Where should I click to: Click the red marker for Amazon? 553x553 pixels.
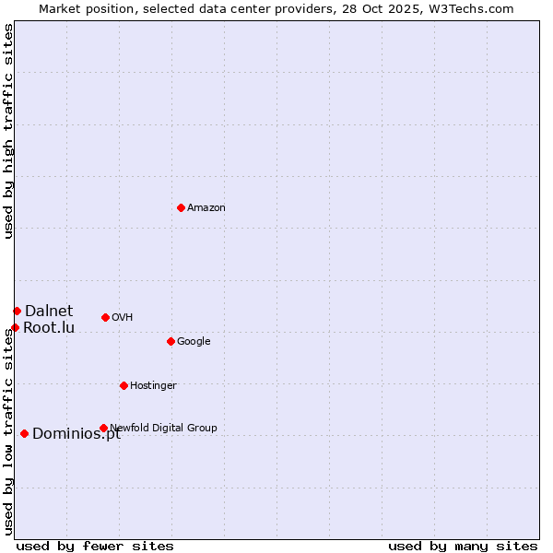(x=181, y=207)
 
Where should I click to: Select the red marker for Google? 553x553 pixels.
(x=171, y=341)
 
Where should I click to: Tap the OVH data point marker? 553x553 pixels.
(x=105, y=317)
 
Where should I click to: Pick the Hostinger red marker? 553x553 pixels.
(x=124, y=385)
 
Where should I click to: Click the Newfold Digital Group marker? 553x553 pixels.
(x=103, y=428)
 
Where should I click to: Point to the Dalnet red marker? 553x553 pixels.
(x=17, y=311)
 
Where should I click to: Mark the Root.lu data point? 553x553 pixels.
(x=15, y=327)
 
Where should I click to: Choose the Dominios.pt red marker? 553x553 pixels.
(x=24, y=433)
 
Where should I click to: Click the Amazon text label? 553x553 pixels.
(x=206, y=207)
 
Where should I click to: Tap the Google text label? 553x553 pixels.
(x=194, y=341)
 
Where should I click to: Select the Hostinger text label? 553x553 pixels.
(x=153, y=385)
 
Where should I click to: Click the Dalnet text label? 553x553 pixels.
(x=49, y=311)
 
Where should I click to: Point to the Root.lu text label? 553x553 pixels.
(x=49, y=327)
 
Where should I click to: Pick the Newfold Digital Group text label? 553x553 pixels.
(x=163, y=428)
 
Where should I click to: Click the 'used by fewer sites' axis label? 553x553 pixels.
(x=95, y=546)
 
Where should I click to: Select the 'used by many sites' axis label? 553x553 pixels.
(x=463, y=546)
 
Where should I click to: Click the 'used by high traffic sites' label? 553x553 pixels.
(x=8, y=131)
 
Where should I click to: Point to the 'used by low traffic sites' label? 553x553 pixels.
(x=8, y=431)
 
